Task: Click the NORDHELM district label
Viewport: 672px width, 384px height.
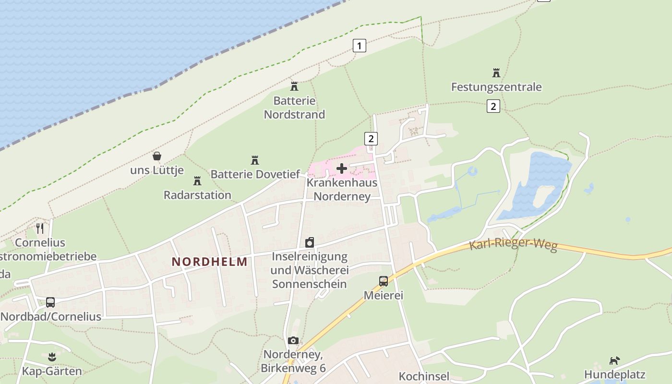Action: tap(210, 262)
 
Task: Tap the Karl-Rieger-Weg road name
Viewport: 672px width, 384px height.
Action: tap(513, 245)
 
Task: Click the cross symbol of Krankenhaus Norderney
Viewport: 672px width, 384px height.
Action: tap(342, 168)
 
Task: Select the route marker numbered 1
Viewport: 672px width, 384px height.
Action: tap(359, 46)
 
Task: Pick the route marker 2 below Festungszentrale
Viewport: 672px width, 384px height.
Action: tap(493, 106)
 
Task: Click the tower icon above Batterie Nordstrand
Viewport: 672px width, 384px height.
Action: tap(294, 86)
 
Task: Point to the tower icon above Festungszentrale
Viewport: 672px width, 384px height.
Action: tap(496, 73)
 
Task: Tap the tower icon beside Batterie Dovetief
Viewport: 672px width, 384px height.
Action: tap(255, 160)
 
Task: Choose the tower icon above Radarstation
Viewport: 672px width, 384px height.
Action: tap(197, 181)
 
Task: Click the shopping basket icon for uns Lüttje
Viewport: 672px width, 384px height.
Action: tap(157, 156)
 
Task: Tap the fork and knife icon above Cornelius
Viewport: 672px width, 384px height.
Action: tap(40, 228)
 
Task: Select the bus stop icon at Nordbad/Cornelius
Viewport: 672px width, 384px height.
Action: tap(50, 302)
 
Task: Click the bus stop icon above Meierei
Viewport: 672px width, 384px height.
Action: tap(383, 281)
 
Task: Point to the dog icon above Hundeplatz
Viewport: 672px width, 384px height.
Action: tap(614, 360)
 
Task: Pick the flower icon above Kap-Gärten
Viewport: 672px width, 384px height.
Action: tap(52, 357)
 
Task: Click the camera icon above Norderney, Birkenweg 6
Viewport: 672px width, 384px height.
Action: tap(293, 341)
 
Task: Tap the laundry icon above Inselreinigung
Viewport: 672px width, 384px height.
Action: tap(310, 242)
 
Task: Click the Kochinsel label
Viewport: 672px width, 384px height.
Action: tap(424, 376)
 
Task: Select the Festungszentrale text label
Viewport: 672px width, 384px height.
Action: tap(496, 87)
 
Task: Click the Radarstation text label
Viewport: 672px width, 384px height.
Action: tap(197, 195)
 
